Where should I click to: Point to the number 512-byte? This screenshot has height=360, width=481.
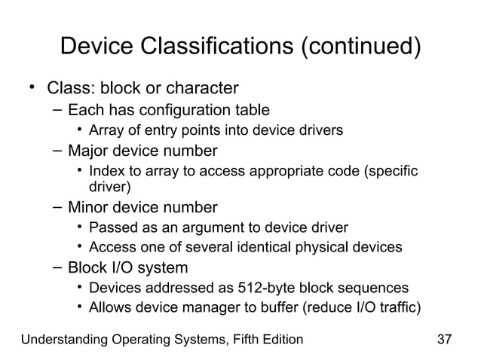[x=262, y=288]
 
